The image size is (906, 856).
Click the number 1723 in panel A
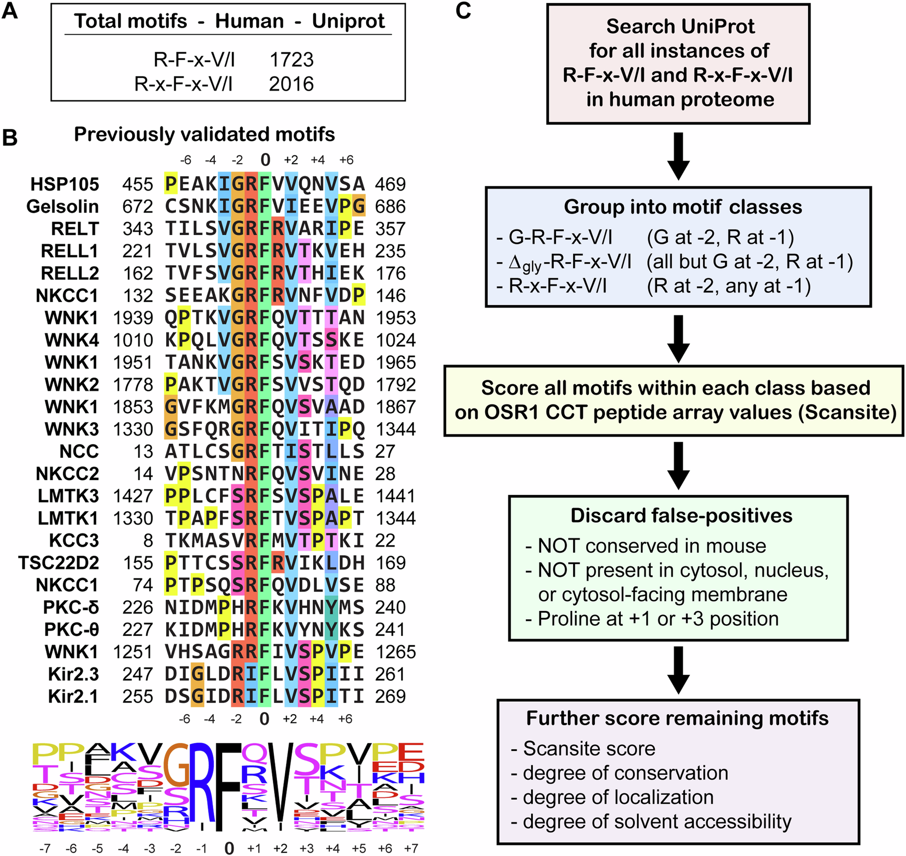[x=291, y=60]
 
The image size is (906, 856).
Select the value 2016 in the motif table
[x=291, y=84]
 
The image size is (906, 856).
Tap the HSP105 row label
[x=65, y=184]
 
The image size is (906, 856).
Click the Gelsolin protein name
[x=63, y=207]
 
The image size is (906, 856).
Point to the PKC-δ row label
[x=71, y=607]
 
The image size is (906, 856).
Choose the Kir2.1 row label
[x=73, y=697]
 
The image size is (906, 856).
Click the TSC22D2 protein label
[x=59, y=563]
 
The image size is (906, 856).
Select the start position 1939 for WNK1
[x=133, y=318]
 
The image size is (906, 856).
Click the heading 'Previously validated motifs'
[x=204, y=135]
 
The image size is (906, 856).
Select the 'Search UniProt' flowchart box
[x=678, y=64]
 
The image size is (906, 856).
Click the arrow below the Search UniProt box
[x=678, y=155]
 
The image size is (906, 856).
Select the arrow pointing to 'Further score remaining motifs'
[x=678, y=670]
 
